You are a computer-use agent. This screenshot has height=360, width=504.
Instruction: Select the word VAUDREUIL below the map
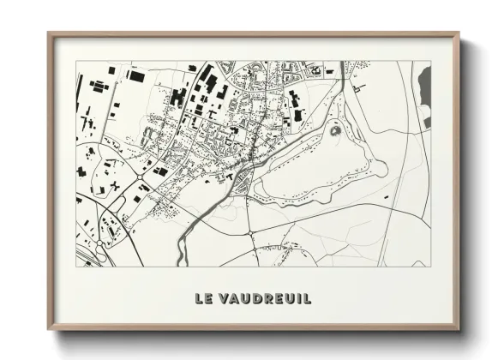click(263, 298)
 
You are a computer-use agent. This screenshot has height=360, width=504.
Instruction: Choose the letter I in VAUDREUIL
click(297, 298)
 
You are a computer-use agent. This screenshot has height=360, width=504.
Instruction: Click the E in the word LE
click(209, 298)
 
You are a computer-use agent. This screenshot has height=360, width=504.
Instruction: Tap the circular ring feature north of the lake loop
click(334, 130)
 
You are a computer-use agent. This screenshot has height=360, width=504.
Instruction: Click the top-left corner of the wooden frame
click(48, 33)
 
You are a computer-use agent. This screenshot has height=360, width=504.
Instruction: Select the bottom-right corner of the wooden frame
click(459, 329)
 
